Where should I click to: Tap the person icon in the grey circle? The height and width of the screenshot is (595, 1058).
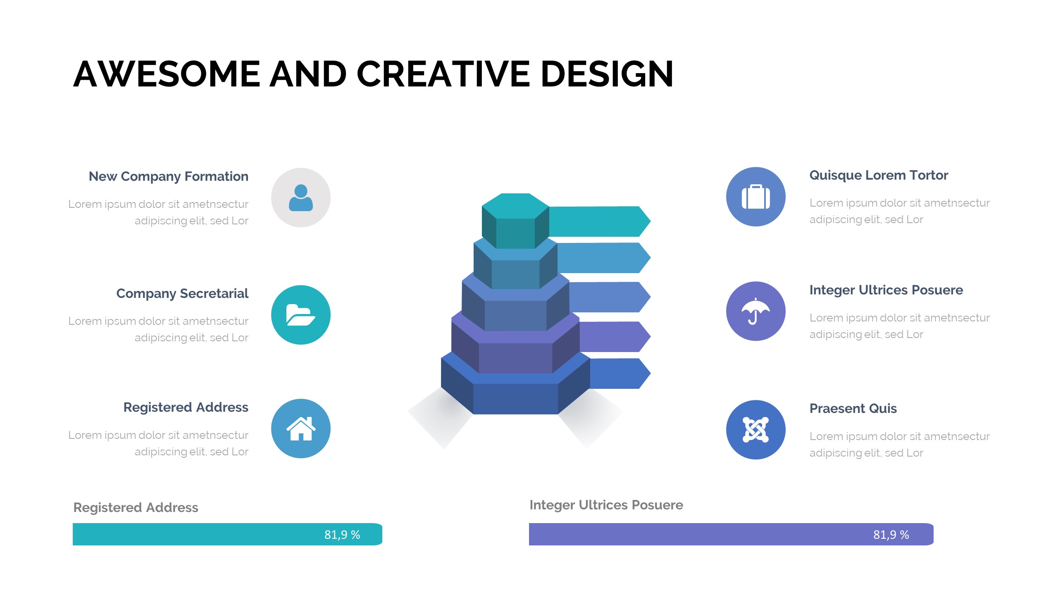(301, 198)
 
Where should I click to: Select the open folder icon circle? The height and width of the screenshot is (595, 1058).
(301, 315)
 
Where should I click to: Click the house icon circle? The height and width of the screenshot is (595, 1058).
(301, 428)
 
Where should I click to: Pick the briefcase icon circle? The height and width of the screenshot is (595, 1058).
(756, 197)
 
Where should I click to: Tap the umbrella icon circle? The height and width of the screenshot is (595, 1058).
(756, 311)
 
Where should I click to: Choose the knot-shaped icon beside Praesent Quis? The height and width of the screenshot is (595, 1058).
(756, 430)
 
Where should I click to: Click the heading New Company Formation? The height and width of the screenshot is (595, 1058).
(169, 176)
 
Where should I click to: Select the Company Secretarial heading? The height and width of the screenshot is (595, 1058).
(182, 293)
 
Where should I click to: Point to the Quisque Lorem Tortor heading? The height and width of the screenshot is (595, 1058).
(879, 175)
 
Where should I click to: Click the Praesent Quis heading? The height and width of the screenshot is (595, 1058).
(853, 408)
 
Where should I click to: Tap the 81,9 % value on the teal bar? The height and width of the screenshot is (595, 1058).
(342, 535)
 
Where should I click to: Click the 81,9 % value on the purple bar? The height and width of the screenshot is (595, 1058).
(891, 535)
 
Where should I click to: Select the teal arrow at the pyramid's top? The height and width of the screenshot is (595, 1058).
(599, 221)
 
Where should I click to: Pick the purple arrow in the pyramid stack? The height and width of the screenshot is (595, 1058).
(615, 337)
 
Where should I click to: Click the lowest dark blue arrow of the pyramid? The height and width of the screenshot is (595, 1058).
(620, 374)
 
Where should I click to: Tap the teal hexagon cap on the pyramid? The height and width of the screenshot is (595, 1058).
(515, 221)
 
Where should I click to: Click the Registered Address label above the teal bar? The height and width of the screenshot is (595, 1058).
(136, 507)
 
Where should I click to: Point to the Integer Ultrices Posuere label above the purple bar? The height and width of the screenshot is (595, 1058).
(606, 505)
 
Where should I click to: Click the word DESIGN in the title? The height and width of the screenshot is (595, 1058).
(607, 74)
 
